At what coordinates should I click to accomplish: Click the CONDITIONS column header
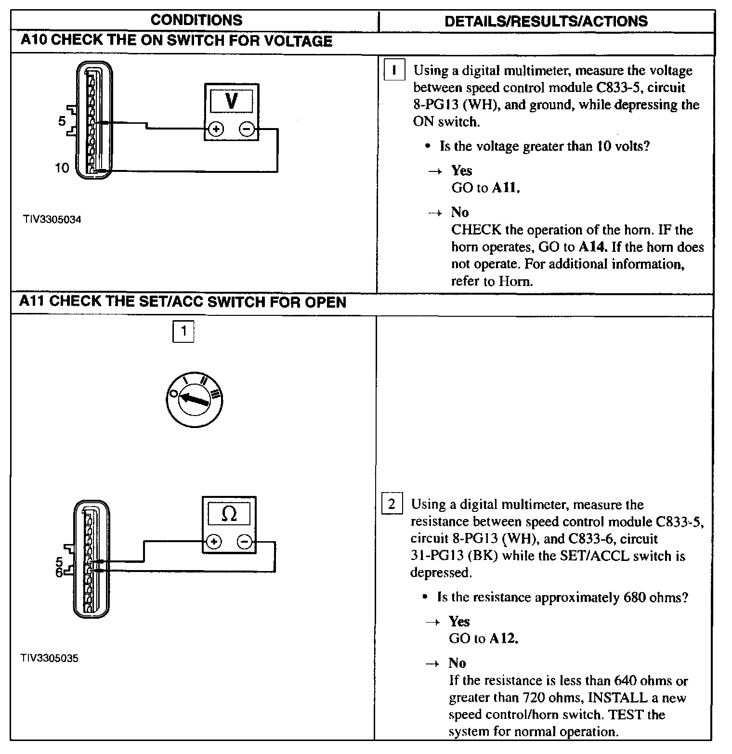click(x=196, y=20)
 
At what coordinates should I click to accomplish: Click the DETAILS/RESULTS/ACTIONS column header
click(x=546, y=21)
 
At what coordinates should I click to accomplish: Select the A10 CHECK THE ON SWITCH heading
click(x=176, y=41)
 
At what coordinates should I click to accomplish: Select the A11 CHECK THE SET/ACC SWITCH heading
click(x=183, y=302)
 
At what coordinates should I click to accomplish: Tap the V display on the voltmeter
click(x=231, y=102)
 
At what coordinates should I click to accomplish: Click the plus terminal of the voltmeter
click(x=216, y=129)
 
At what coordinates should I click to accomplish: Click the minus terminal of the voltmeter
click(x=247, y=129)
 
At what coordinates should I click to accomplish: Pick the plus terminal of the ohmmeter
click(x=213, y=542)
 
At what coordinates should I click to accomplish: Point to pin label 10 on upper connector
click(x=62, y=168)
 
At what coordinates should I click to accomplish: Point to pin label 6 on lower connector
click(x=59, y=572)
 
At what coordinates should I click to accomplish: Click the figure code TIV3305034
click(x=52, y=220)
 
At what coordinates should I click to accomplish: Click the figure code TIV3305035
click(x=49, y=658)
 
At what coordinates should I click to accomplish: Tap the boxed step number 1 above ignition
click(x=183, y=331)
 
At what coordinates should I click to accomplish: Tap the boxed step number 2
click(x=392, y=504)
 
